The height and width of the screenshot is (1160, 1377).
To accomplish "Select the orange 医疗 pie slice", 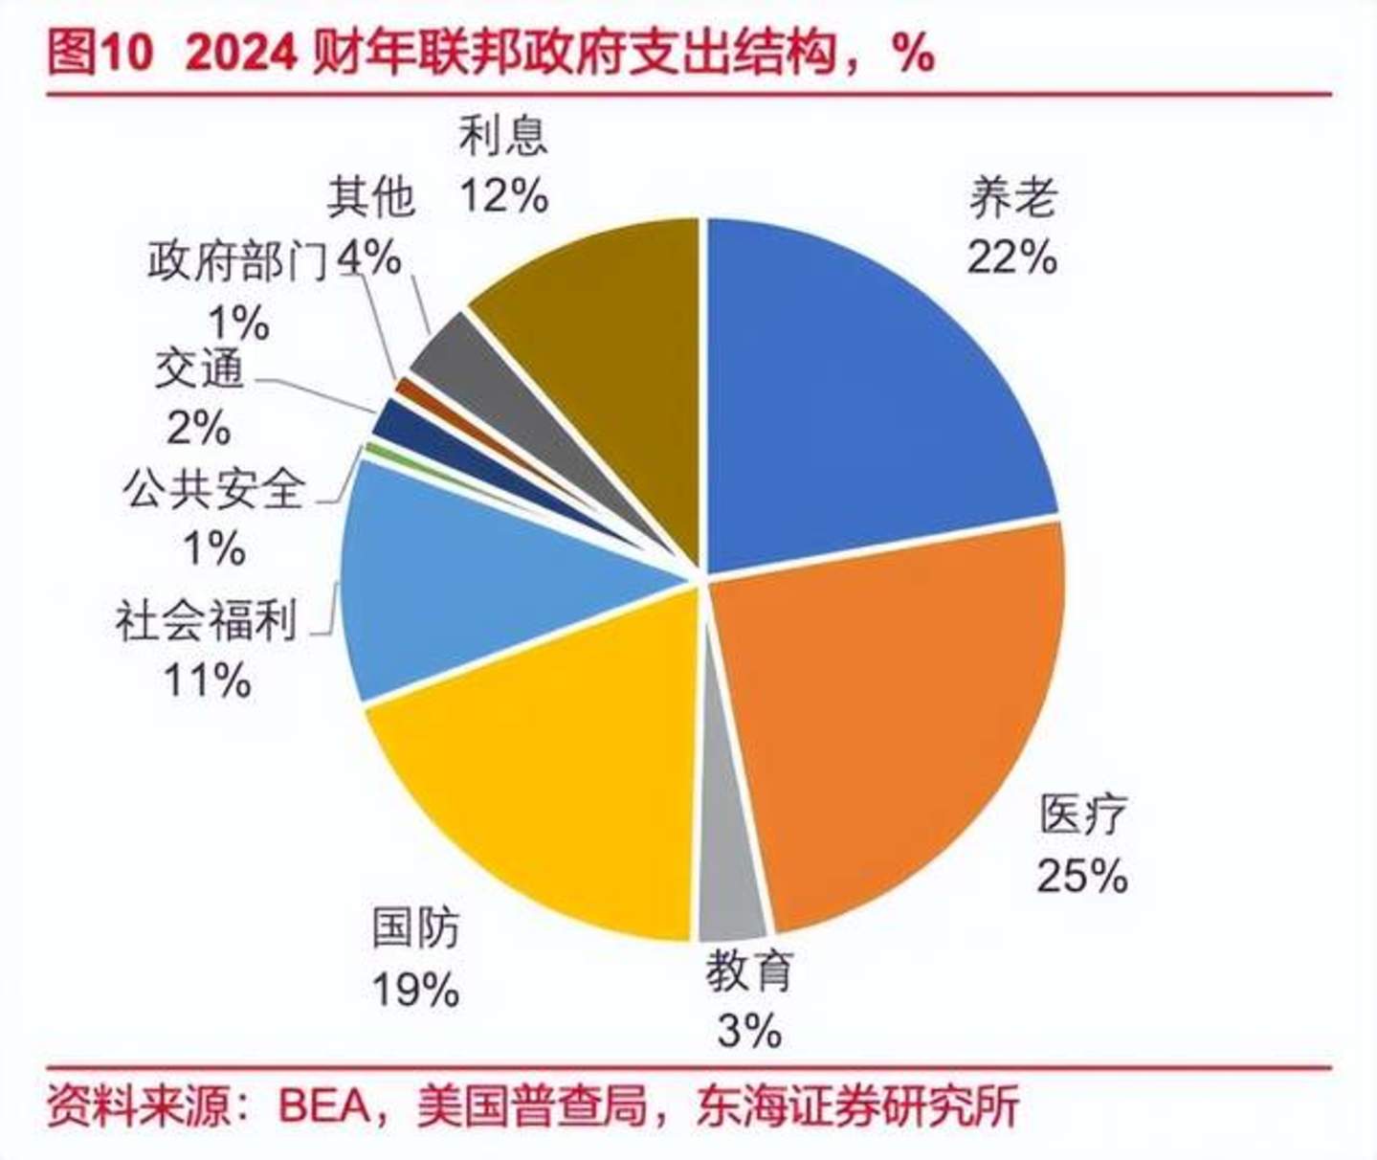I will [x=890, y=708].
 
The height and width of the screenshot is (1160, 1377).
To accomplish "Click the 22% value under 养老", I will [x=1011, y=257].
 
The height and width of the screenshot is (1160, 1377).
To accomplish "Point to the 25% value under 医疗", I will [x=1082, y=875].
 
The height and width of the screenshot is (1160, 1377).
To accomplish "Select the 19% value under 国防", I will [x=415, y=990].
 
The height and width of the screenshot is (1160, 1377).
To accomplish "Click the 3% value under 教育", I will [x=749, y=1032].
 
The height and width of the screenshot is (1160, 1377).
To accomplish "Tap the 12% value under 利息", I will [x=503, y=196].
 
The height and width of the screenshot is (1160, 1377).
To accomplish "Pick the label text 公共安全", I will [x=212, y=489].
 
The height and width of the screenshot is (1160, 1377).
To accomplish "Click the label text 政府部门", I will [x=237, y=260].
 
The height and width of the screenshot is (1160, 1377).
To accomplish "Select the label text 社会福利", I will [x=207, y=620].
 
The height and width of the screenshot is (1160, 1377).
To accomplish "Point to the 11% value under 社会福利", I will [x=208, y=680].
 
